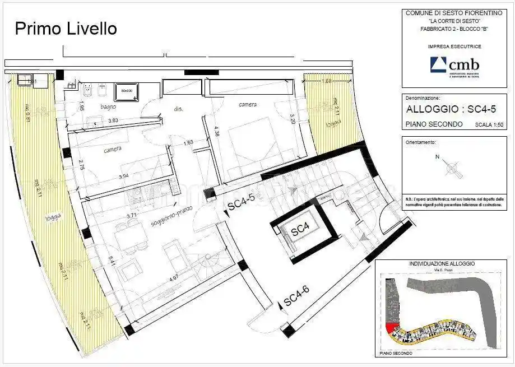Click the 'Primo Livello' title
click(x=66, y=28)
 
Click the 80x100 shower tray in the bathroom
click(x=127, y=92)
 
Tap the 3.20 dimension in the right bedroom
click(x=292, y=119)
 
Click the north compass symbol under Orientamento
click(x=452, y=167)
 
